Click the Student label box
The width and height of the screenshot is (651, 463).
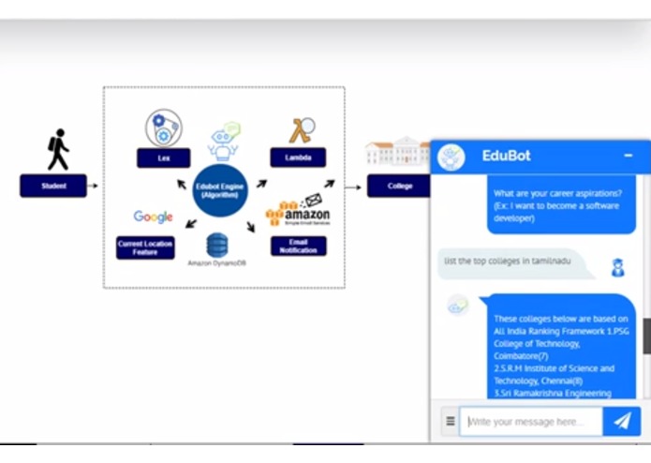point(53,186)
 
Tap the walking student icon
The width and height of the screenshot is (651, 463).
point(58,150)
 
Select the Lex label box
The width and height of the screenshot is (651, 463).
point(164,157)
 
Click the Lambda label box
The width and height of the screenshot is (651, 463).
point(298,157)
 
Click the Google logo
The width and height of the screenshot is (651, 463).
point(153,217)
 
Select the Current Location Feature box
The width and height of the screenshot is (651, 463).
point(145,247)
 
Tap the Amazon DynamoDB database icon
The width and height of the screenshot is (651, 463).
point(217,245)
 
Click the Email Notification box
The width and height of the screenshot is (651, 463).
point(298,246)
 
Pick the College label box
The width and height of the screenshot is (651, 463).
point(401,186)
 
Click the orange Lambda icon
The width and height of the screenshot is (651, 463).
point(301,129)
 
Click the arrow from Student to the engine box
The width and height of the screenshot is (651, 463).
point(93,186)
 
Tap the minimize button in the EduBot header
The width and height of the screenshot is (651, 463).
point(628,155)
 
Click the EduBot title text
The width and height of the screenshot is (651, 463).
point(507,156)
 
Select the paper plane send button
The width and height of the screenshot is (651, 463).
point(621,422)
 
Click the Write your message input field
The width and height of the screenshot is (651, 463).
point(530,422)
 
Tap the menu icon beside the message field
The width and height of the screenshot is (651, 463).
point(451,422)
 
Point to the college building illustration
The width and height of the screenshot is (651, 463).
point(397,153)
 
